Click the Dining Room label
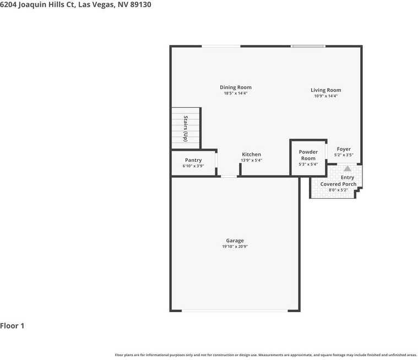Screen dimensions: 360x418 236,88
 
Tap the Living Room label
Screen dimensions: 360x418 325,90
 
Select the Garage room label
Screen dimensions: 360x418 235,241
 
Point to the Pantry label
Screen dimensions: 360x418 193,160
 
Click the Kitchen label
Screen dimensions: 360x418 251,155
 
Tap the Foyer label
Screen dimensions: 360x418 344,149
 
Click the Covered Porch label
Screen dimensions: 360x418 338,184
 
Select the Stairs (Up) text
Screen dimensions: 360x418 186,129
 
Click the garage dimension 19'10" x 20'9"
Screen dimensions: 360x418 235,247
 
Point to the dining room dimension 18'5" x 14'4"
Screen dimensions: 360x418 236,94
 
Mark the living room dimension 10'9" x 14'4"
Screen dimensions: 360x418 325,96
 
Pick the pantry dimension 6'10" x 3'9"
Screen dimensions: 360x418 193,166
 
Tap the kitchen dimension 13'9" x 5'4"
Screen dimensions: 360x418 251,161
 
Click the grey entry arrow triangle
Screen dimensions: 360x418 348,170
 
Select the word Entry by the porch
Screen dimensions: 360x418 348,177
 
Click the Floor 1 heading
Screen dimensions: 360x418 12,326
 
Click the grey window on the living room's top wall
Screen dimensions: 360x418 308,46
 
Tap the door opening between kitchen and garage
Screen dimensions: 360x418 229,176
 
